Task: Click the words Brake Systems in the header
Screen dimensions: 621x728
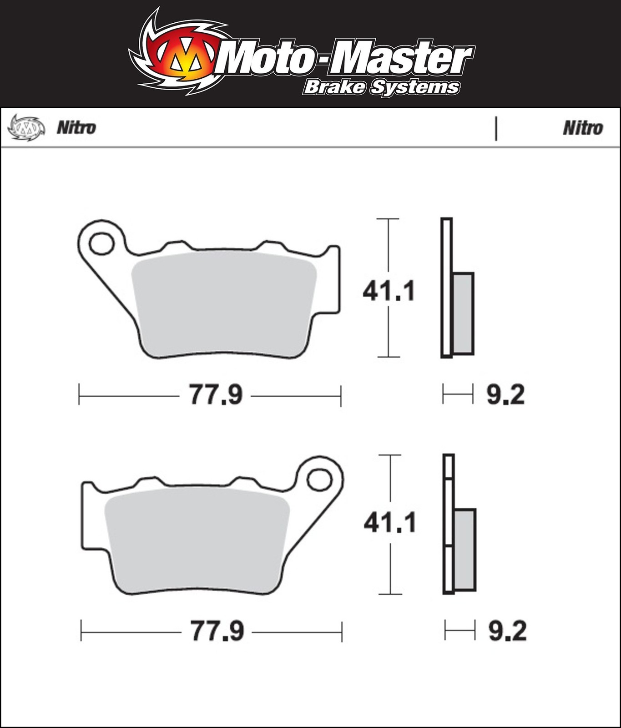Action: click(x=381, y=87)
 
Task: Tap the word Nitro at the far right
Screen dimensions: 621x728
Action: click(x=583, y=128)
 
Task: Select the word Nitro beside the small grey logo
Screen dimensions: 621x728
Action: click(x=76, y=128)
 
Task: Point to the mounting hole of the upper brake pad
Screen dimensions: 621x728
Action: click(x=101, y=243)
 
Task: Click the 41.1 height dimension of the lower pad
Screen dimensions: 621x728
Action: click(x=390, y=523)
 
